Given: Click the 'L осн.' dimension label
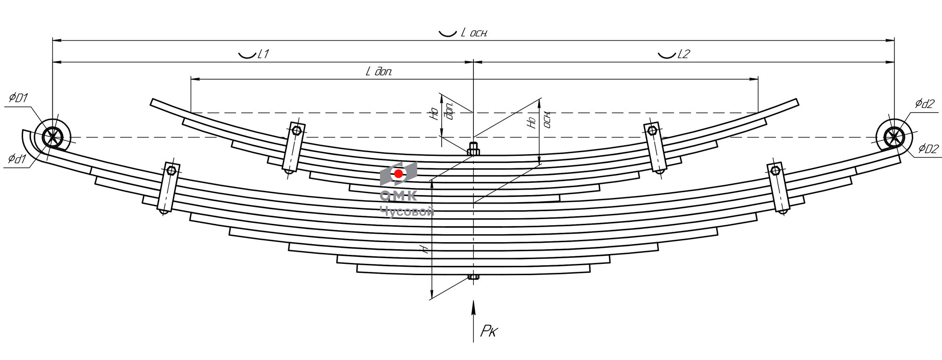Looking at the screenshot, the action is pos(474,33).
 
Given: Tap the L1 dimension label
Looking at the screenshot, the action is pos(263,54).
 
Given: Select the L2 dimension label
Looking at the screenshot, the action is pos(683,54).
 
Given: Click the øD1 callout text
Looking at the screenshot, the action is pos(19,98).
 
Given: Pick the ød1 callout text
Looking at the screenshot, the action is pos(17,159).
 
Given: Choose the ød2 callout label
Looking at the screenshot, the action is pos(925,104).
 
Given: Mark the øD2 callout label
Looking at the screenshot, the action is pos(929,149).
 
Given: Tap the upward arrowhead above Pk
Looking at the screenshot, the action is pos(473,307).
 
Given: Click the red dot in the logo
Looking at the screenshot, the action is pos(398,174).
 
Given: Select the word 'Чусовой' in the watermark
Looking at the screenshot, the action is pos(407,213).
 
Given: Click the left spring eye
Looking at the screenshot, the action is pos(52,137).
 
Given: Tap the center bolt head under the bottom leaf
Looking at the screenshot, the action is pos(473,277).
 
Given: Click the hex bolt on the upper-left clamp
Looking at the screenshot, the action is pos(296,131).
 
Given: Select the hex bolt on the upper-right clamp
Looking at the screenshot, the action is pos(652,130).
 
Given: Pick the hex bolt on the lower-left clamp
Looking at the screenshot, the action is pos(171,170).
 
